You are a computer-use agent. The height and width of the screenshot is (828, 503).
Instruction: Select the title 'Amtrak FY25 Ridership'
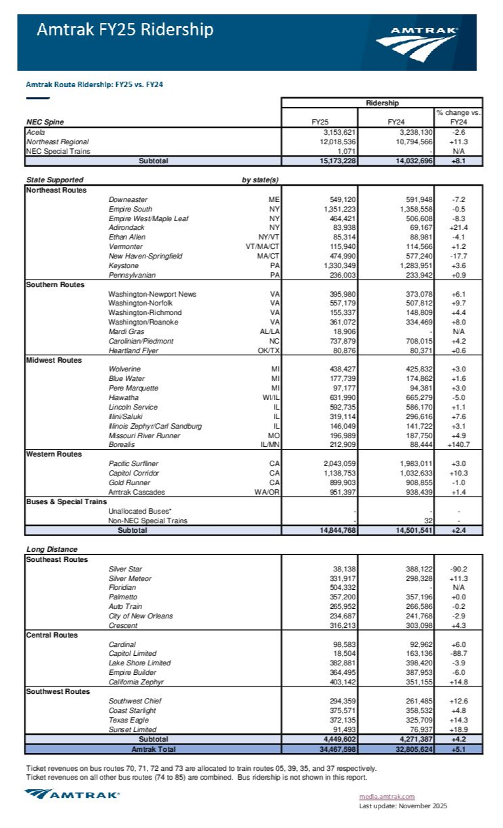pos(125,29)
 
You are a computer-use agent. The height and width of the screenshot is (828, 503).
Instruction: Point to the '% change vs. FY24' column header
pos(458,117)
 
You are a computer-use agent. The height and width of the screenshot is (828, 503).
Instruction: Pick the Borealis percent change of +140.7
pos(458,445)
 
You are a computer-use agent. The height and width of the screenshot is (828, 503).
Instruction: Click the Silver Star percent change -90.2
pos(458,569)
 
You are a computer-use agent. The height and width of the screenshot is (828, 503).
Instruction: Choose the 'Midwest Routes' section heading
pos(53,360)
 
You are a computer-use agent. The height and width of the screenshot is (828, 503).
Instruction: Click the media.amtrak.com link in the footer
pos(387,796)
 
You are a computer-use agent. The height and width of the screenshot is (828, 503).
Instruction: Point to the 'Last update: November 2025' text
pos(402,806)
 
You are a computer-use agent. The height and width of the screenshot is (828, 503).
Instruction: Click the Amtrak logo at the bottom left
pos(72,793)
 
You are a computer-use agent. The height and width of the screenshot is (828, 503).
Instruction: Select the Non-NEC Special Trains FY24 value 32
pos(426,520)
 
